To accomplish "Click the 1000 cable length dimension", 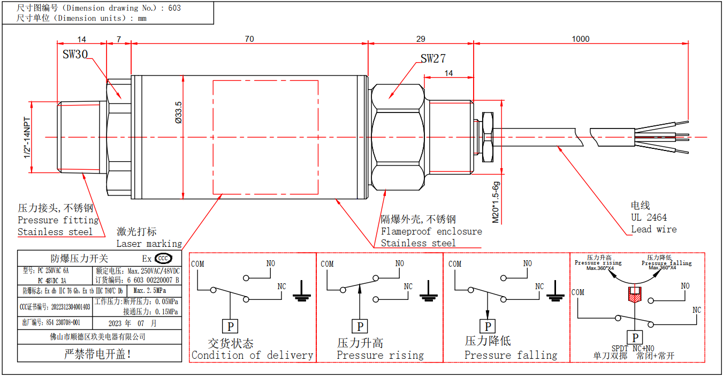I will click(x=580, y=39).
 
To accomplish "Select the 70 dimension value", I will click(x=249, y=39).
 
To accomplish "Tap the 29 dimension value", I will click(x=421, y=39).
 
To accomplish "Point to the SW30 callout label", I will click(x=75, y=55).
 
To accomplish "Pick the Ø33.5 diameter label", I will click(x=178, y=113).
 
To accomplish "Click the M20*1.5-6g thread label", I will click(x=496, y=202).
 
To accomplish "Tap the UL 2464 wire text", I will click(x=649, y=217).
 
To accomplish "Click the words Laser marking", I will click(x=149, y=244).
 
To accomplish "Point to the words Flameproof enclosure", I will click(x=431, y=231).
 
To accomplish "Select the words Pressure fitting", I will click(x=58, y=220).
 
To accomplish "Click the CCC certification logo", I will click(x=163, y=259).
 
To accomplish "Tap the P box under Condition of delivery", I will click(x=230, y=326).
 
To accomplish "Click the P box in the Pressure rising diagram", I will click(x=360, y=326).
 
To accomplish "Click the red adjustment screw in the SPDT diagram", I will click(x=634, y=295).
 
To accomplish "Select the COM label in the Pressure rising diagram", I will click(x=327, y=263).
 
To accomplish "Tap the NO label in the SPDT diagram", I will click(x=685, y=286).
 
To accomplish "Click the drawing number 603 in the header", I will click(x=174, y=8).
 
